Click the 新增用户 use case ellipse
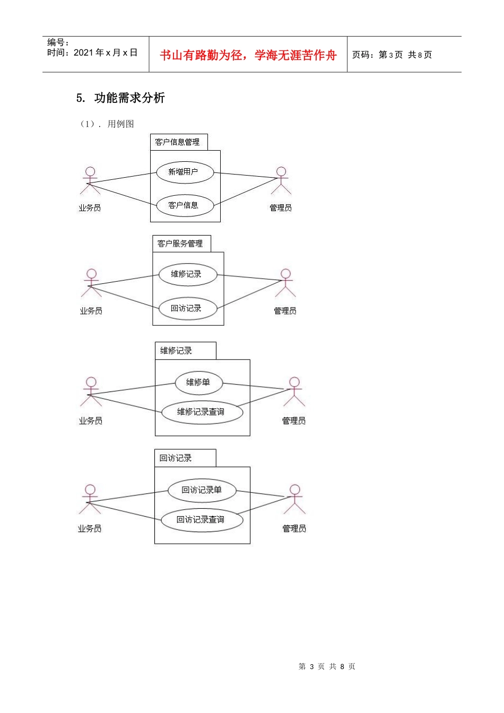coord(185,172)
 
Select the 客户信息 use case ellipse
coord(185,206)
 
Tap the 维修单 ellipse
coord(198,382)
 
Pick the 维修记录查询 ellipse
coord(202,412)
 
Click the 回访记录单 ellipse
coord(202,491)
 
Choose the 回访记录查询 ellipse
coord(202,520)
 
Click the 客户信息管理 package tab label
coord(177,142)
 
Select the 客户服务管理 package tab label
coord(180,244)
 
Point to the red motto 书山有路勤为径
coord(201,55)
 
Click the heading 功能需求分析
coord(129,98)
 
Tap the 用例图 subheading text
coord(120,124)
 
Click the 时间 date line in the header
coord(92,53)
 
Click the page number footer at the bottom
coord(327,666)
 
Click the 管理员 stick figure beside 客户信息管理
coord(281,180)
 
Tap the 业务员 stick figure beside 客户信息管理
coord(90,180)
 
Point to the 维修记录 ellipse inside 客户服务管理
coord(188,274)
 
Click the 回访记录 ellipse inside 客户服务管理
coord(188,308)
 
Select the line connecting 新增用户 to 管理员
coord(246,176)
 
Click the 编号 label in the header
coord(58,42)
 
